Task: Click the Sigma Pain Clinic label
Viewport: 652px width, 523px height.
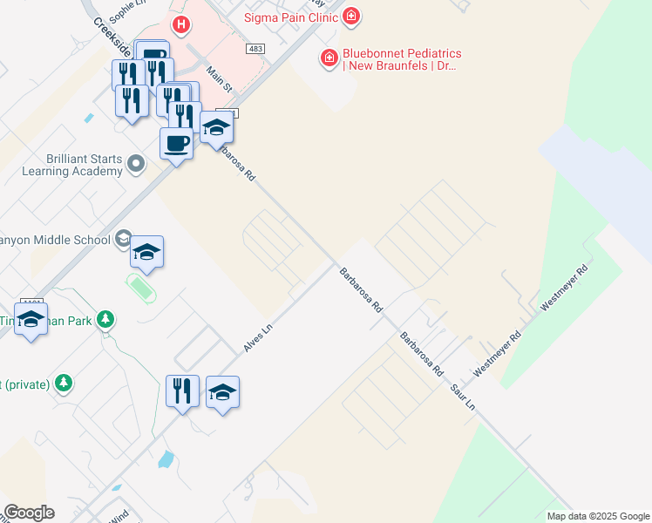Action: click(x=290, y=15)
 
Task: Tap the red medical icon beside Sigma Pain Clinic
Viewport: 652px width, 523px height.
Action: click(x=350, y=15)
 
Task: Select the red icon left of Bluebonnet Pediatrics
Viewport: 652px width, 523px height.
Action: click(x=329, y=58)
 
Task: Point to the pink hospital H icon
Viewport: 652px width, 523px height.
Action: click(x=181, y=24)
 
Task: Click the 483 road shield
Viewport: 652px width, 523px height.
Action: click(x=255, y=50)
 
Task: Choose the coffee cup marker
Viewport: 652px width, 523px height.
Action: click(x=176, y=144)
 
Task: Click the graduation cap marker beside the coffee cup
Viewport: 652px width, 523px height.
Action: click(x=216, y=129)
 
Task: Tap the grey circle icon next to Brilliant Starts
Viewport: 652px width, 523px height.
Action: click(x=135, y=163)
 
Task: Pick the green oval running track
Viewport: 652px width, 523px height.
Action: click(x=141, y=288)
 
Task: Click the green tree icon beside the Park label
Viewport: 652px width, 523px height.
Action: click(x=105, y=320)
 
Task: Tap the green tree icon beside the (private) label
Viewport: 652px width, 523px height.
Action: click(x=63, y=383)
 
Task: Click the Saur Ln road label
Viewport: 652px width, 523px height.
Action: click(x=463, y=395)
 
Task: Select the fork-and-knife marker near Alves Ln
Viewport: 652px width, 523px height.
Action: click(x=182, y=391)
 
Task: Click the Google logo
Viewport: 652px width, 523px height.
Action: click(x=29, y=513)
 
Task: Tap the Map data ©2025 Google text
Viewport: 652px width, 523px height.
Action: click(x=598, y=516)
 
